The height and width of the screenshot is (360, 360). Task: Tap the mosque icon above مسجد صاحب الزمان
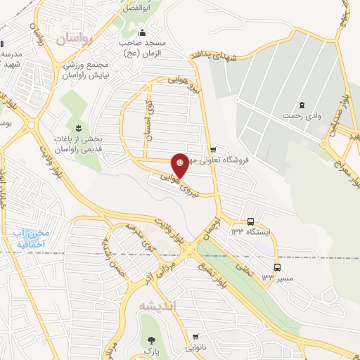coord(143,32)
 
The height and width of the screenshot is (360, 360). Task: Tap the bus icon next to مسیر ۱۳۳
coord(277,267)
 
